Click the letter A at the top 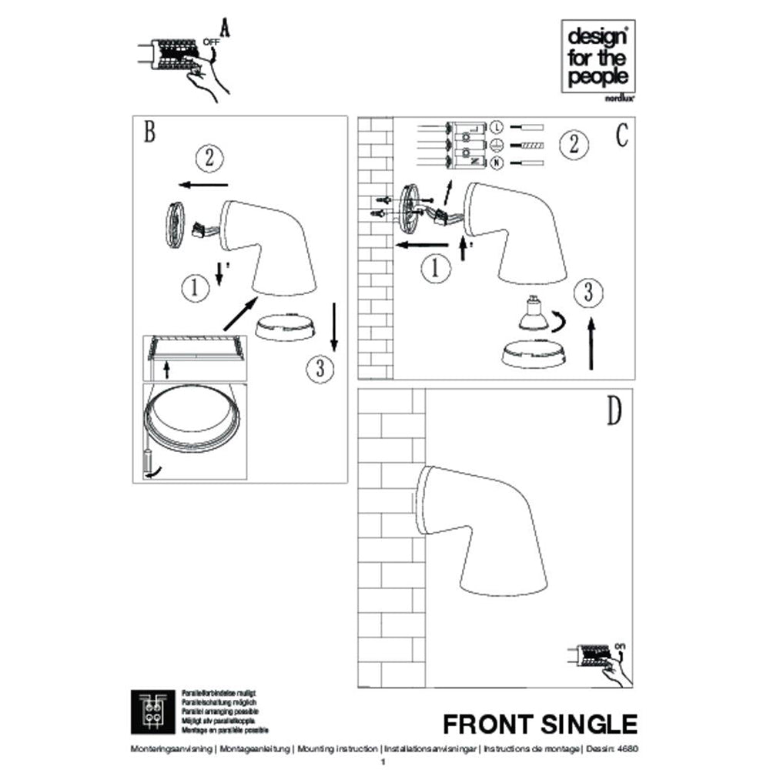click(225, 28)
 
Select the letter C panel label click(622, 136)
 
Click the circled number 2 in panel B click(209, 159)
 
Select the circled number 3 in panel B click(319, 368)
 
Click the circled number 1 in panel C click(437, 269)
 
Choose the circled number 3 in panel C click(588, 293)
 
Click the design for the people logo click(598, 58)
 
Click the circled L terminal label click(497, 126)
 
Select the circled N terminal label click(497, 162)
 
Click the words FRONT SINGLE click(540, 725)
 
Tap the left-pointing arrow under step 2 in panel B click(202, 185)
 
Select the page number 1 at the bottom click(384, 762)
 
